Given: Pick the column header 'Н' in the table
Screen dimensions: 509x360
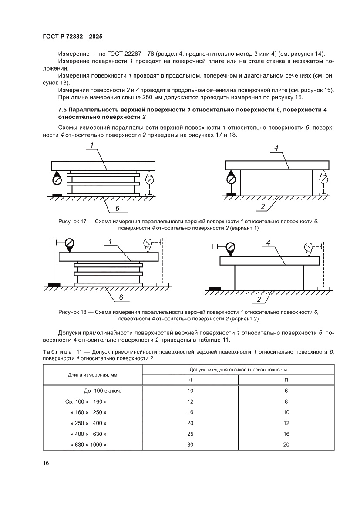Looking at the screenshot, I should pos(190,380).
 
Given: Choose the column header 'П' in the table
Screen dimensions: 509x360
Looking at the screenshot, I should pos(286,380).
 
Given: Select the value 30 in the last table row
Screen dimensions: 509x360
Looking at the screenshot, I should pos(190,445).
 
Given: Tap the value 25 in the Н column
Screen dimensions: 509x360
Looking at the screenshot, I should pos(190,434).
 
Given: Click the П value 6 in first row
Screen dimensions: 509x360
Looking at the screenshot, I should pos(286,391).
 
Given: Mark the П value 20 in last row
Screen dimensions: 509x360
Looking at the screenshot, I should pos(286,445).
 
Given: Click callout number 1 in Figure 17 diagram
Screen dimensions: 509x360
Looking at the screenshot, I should pos(92,145).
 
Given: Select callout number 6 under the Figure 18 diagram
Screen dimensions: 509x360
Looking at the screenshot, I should pos(121,297).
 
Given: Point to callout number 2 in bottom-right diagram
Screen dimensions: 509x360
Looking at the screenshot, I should pos(259,300).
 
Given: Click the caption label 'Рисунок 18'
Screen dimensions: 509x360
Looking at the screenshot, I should pos(71,312).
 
